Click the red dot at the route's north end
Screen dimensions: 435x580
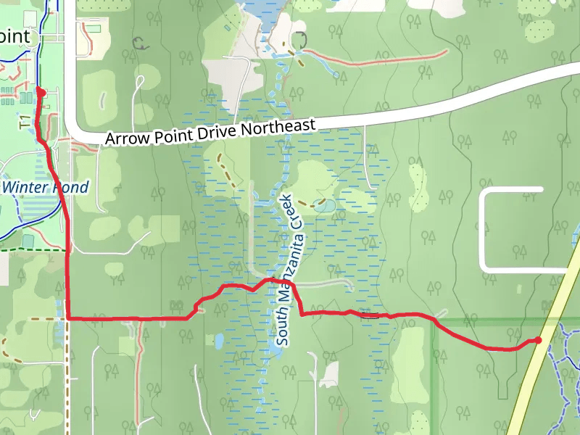click(41, 92)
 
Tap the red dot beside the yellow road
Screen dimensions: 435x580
click(538, 340)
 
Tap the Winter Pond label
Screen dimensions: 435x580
click(45, 188)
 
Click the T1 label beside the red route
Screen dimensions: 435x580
click(25, 120)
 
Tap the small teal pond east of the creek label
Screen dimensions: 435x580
click(325, 206)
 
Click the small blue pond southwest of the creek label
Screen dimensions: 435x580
click(217, 340)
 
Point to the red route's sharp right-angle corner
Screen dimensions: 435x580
click(68, 318)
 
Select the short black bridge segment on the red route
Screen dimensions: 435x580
click(370, 315)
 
